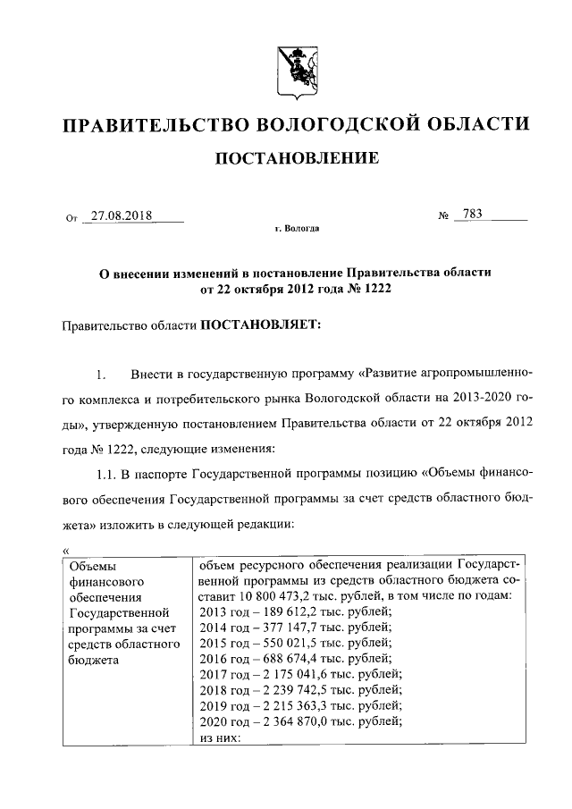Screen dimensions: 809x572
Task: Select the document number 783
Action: coord(468,215)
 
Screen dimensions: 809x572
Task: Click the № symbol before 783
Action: coord(442,216)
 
